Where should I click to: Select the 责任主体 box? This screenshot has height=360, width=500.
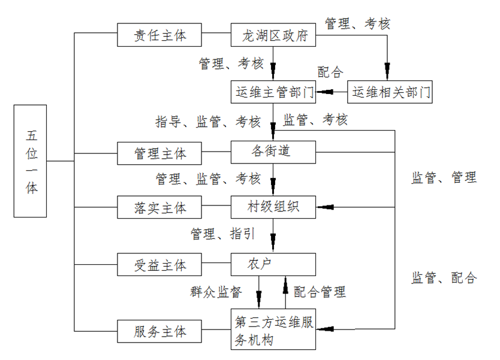(159, 35)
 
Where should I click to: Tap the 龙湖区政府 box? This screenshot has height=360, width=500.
(273, 35)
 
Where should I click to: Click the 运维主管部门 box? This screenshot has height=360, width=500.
(273, 93)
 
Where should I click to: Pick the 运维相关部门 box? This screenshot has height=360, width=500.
(390, 93)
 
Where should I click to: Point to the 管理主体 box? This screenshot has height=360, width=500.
(159, 153)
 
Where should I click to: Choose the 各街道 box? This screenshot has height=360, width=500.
(273, 151)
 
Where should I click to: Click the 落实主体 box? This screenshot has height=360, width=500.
(159, 207)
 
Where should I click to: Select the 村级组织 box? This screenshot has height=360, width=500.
(273, 207)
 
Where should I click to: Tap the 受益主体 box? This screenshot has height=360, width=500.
(159, 265)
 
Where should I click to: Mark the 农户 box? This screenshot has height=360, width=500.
(273, 264)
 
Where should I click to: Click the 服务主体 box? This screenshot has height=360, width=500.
(159, 331)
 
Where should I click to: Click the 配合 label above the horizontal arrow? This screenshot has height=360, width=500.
(330, 72)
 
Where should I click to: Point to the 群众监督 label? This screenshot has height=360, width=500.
(216, 292)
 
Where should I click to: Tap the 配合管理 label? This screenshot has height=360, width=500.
(320, 292)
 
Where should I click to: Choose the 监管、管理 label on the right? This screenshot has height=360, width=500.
(444, 177)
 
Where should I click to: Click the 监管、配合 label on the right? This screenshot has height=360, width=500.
(444, 278)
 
